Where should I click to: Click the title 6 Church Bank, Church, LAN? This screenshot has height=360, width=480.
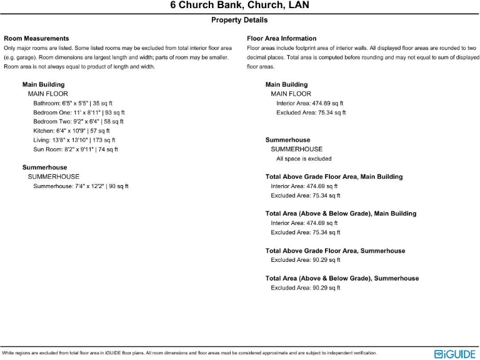239,6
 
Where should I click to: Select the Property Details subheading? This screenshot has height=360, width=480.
239,20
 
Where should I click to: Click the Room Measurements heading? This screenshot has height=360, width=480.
36,39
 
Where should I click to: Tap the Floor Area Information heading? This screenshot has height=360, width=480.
281,39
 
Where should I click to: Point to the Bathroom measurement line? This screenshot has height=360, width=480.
72,103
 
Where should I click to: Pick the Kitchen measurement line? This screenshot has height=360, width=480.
71,131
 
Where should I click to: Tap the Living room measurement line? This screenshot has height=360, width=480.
74,141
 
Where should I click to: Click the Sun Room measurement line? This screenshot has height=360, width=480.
76,150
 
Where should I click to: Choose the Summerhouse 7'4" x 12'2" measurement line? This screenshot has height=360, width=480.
81,186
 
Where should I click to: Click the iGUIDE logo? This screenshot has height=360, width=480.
455,354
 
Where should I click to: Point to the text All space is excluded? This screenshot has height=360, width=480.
304,159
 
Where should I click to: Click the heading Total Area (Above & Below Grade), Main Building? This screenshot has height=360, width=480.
332,214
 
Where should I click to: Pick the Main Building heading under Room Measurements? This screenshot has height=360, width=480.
43,84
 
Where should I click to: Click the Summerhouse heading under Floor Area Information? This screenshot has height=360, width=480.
287,140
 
